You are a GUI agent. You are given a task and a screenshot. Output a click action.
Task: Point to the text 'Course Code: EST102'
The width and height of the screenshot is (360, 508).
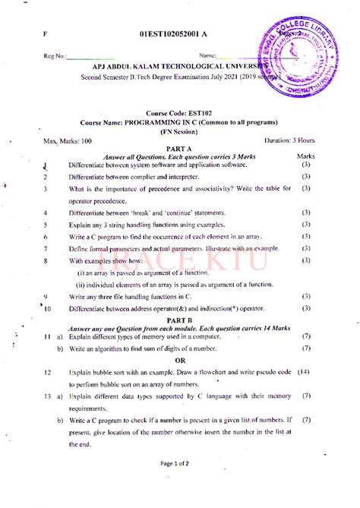[x=178, y=112]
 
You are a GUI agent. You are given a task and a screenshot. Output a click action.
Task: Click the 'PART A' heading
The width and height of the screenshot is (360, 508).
[x=179, y=149]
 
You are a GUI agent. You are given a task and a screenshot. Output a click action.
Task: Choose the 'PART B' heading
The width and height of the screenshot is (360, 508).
[x=179, y=320]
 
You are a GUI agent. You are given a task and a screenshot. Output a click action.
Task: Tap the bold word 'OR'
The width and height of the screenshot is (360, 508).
[x=180, y=361]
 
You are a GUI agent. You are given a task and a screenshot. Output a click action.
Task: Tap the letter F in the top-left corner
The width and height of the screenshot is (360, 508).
[x=45, y=35]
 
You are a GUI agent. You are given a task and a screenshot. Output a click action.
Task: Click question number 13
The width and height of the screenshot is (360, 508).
[x=47, y=396]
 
